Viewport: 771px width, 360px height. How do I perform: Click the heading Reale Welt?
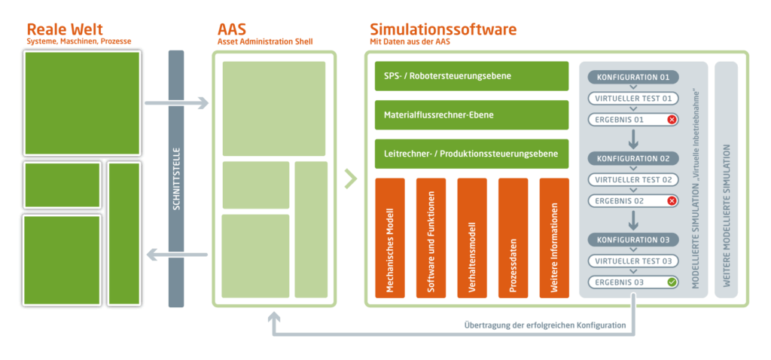pos(64,29)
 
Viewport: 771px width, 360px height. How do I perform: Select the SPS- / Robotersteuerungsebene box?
pos(471,77)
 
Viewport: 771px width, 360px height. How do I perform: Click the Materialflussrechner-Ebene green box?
pos(471,115)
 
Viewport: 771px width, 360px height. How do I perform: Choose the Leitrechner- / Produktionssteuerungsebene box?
pos(471,154)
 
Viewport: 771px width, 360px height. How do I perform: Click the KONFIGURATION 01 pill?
pos(633,78)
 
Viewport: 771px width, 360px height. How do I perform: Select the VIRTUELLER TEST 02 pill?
pos(633,180)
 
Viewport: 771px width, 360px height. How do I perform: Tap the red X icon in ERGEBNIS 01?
pos(672,120)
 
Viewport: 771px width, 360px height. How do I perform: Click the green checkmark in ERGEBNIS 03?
pos(672,282)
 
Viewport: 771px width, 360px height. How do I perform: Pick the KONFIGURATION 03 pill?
pos(633,240)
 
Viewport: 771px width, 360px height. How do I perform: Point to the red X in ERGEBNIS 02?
pos(672,201)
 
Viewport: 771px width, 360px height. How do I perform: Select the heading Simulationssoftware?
pos(443,29)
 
